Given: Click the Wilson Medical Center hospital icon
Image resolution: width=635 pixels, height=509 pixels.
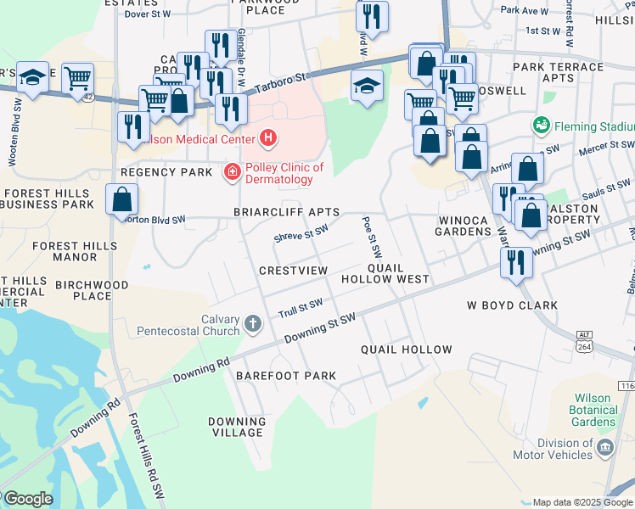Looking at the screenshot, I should (x=268, y=137).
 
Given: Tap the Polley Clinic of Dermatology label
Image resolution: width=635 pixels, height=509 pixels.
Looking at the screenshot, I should (x=284, y=173).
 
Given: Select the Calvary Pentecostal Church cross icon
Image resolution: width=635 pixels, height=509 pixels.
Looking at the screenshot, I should (x=252, y=323).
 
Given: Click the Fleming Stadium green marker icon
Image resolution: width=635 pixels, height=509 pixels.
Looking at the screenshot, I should (x=541, y=126).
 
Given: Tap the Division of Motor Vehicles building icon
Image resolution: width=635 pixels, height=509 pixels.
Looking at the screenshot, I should (x=604, y=448).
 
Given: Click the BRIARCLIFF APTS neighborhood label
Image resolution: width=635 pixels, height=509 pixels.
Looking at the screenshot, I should (x=287, y=212).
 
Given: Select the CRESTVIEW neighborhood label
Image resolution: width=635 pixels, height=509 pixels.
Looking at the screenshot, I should (x=293, y=270).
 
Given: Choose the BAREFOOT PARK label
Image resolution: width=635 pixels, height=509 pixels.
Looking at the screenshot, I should (x=286, y=375).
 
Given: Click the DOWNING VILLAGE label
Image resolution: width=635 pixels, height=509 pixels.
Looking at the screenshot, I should (x=237, y=427).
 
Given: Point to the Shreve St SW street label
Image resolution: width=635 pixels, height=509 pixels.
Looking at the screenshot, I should (x=301, y=232).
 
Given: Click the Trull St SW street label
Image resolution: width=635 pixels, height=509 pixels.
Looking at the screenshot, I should (x=301, y=309).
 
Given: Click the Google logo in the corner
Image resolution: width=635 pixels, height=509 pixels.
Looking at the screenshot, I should (x=27, y=499).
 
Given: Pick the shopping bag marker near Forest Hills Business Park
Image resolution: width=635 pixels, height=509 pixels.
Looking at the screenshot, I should (x=122, y=200).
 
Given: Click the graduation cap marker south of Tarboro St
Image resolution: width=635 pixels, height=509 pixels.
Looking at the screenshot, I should (x=368, y=87).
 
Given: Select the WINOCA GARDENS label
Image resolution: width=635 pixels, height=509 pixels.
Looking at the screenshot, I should (x=463, y=226).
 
